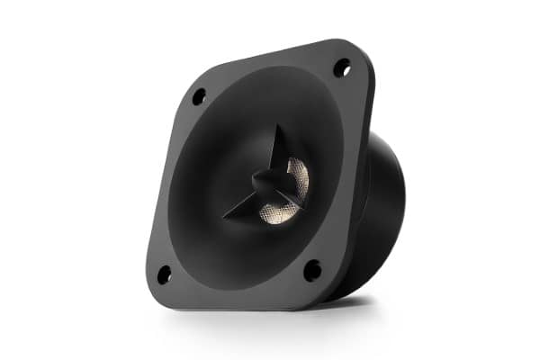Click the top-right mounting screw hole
(x=342, y=67)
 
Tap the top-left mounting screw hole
(x=199, y=95)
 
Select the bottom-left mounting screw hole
(x=164, y=274)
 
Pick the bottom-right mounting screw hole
(x=311, y=269)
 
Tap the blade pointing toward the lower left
(x=247, y=203)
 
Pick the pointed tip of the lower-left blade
(x=225, y=219)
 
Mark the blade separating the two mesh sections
(x=290, y=192)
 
